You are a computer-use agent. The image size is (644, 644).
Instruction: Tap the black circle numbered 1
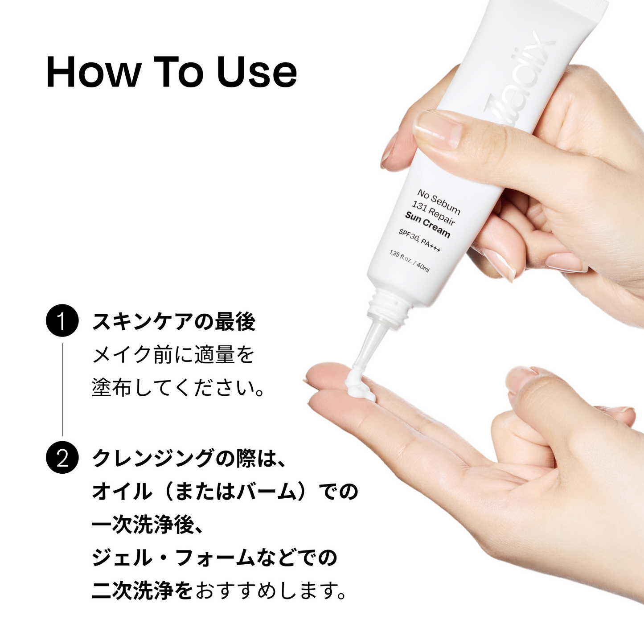62,320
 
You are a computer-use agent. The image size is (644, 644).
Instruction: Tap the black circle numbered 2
62,457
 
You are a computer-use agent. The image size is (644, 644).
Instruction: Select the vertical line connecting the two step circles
62,390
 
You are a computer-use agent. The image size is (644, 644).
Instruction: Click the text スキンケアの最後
174,322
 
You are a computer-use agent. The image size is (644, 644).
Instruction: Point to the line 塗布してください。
178,388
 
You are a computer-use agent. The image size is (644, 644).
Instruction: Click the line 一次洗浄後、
147,525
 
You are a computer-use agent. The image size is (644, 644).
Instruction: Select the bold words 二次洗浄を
143,591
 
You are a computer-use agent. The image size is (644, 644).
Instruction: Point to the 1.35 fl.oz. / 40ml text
409,262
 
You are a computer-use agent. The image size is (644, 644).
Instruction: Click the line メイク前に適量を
173,355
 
